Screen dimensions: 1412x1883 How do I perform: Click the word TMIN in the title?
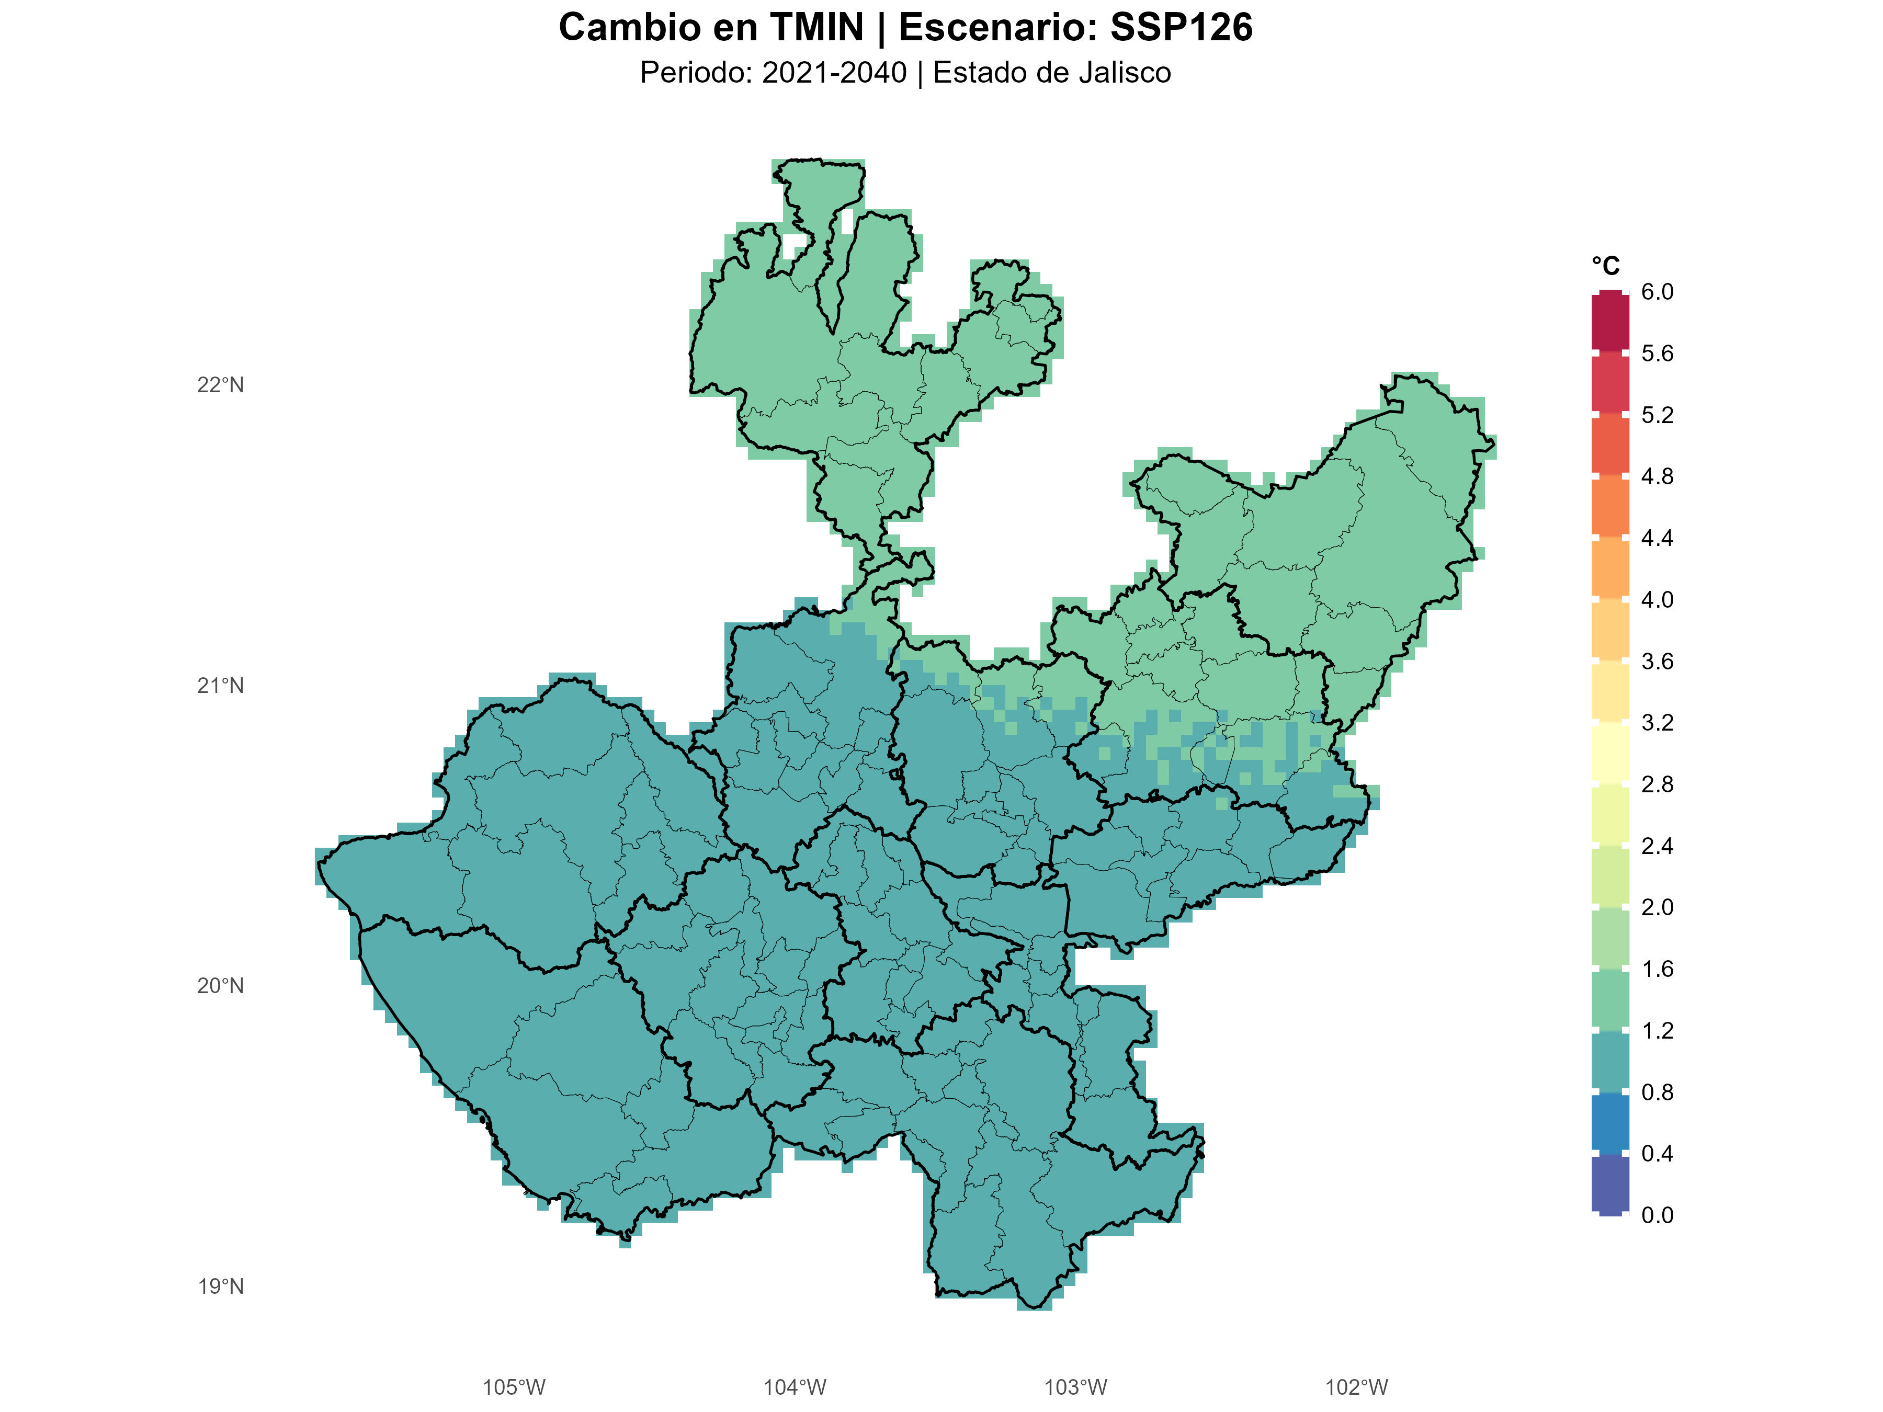tap(817, 28)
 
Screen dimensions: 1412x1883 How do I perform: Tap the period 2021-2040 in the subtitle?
tap(834, 73)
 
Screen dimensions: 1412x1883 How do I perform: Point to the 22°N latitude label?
tap(221, 385)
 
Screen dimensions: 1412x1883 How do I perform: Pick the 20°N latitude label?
tap(221, 986)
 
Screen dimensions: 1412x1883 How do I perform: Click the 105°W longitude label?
tap(514, 1388)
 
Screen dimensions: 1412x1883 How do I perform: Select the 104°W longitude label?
tap(795, 1388)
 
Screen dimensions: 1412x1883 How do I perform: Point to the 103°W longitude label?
tap(1076, 1388)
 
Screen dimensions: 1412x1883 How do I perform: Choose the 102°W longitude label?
tap(1357, 1388)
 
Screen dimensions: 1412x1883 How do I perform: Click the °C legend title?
tap(1605, 266)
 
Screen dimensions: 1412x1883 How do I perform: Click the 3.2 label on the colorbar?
tap(1657, 723)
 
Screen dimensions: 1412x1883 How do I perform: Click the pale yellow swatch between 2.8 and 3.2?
tap(1610, 753)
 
